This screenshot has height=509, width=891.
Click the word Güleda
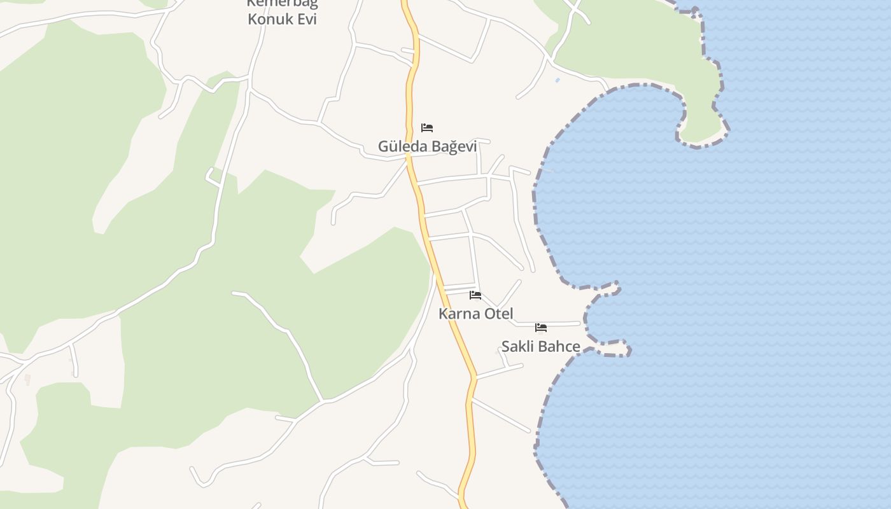pyautogui.click(x=403, y=146)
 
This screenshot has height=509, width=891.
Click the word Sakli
pyautogui.click(x=518, y=347)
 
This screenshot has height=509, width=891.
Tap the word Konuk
pyautogui.click(x=268, y=19)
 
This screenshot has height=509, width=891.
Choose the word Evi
pyautogui.click(x=305, y=19)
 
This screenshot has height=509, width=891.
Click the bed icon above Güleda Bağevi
pyautogui.click(x=427, y=128)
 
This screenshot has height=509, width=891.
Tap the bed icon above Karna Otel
pyautogui.click(x=475, y=295)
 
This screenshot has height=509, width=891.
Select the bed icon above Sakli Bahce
pyautogui.click(x=541, y=328)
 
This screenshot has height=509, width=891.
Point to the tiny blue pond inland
pyautogui.click(x=558, y=80)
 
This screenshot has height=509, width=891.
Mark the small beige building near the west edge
pyautogui.click(x=27, y=379)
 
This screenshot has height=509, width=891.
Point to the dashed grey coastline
pyautogui.click(x=536, y=210)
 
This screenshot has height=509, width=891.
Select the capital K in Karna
pyautogui.click(x=443, y=314)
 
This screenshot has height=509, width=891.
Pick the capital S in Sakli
pyautogui.click(x=505, y=347)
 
